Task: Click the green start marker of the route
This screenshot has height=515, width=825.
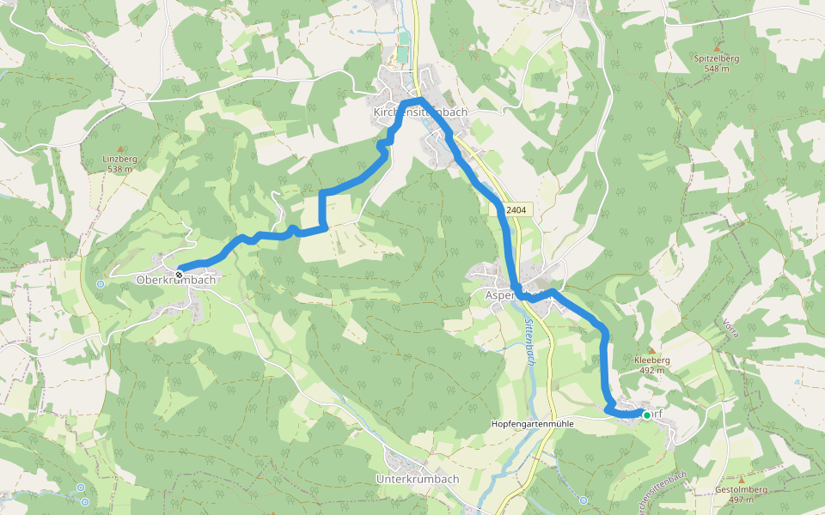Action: pyautogui.click(x=646, y=415)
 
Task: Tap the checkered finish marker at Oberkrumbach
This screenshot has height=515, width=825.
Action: pyautogui.click(x=179, y=274)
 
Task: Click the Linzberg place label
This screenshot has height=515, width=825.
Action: pyautogui.click(x=119, y=159)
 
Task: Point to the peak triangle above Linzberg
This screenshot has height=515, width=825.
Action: pyautogui.click(x=119, y=148)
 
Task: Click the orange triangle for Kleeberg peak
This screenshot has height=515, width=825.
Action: pyautogui.click(x=651, y=349)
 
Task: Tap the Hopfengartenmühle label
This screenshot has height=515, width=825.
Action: pyautogui.click(x=531, y=424)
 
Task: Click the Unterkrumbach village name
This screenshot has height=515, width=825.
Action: pyautogui.click(x=418, y=478)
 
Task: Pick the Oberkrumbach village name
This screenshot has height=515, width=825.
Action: pyautogui.click(x=175, y=281)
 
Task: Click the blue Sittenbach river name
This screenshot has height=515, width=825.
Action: pyautogui.click(x=529, y=342)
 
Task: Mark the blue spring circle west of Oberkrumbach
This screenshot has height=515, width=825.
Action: pyautogui.click(x=101, y=283)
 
